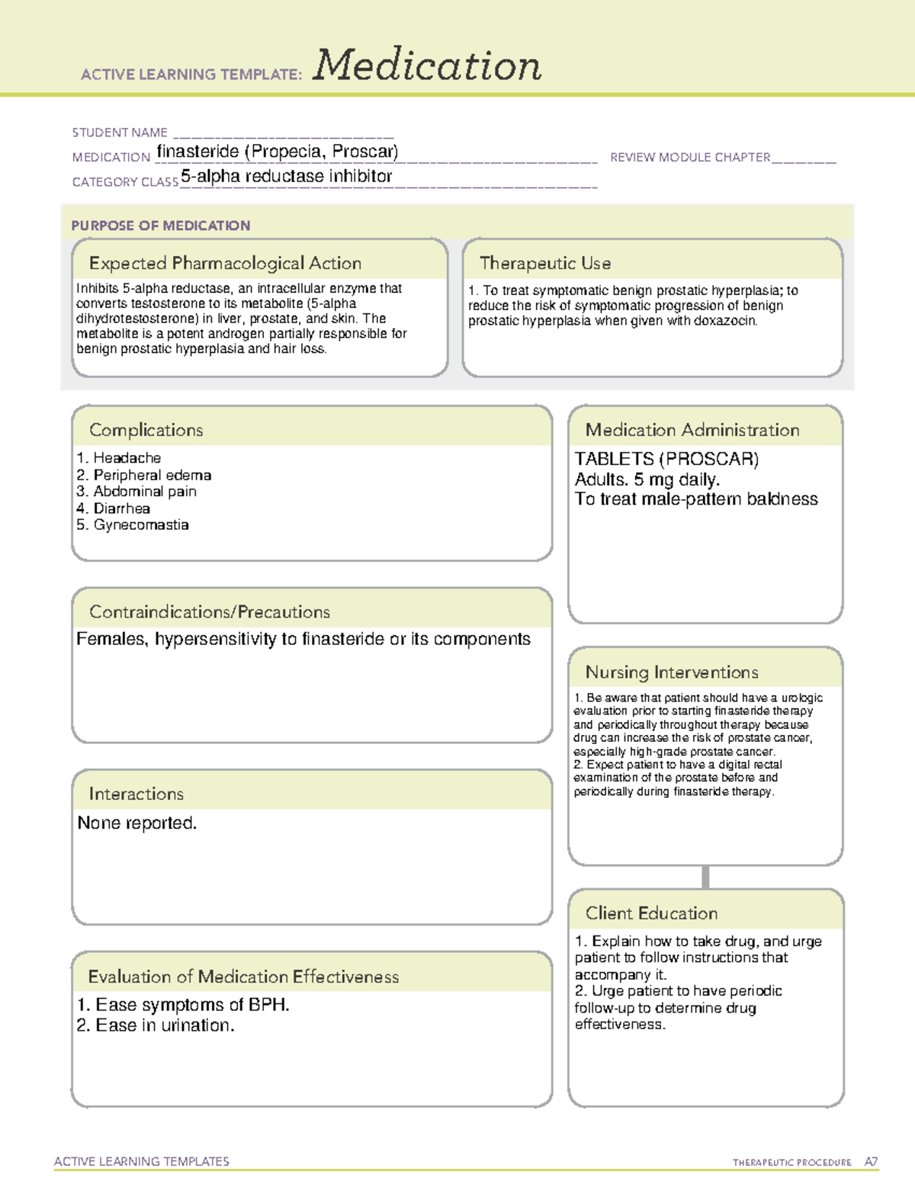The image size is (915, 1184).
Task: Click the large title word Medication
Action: coord(427,66)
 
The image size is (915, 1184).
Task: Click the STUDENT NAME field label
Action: coord(120,133)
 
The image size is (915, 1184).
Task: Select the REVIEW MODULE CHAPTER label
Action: coord(690,157)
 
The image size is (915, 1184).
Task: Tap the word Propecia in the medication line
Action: coord(286,152)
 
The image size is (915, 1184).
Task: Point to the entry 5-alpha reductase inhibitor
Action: coord(287,176)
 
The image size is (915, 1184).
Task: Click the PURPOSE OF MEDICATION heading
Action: coord(161,226)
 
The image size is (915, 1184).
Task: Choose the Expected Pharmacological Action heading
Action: coord(225,263)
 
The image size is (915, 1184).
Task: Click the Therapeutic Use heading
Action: coord(545,263)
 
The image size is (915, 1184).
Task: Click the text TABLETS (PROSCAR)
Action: coord(666,459)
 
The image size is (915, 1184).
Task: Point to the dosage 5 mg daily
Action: coord(676,480)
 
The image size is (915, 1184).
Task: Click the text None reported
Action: coord(137,823)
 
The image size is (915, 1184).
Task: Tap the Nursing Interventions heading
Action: coord(672,672)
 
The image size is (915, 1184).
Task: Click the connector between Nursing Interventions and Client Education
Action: coord(705,877)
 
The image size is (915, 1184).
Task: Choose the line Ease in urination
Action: coord(165,1026)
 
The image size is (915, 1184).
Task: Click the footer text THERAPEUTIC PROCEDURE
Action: coord(791,1163)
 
